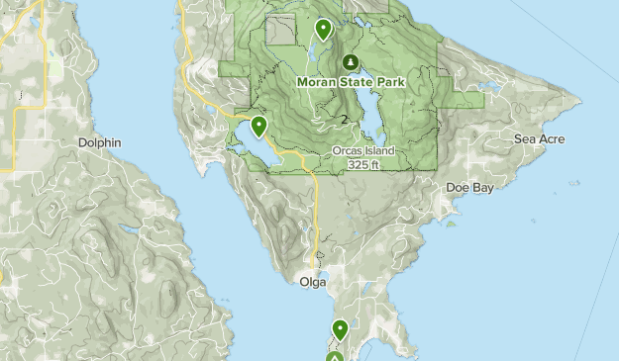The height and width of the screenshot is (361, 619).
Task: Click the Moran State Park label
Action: point(350,82)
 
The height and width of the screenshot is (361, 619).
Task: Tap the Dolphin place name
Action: point(99,142)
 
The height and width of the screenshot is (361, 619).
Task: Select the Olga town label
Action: point(313,282)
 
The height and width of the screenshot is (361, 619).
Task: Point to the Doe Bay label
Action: point(469,187)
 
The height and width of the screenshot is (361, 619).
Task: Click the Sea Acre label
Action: point(539,139)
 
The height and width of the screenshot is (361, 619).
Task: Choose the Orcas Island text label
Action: point(363,151)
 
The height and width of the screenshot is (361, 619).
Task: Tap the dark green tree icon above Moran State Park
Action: point(350,62)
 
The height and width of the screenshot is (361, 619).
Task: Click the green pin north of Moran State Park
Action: point(322,30)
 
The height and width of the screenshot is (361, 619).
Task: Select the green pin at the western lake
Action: point(258,126)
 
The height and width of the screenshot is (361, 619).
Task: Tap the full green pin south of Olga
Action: point(340,329)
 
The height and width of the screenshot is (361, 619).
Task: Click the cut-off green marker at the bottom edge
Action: point(335,356)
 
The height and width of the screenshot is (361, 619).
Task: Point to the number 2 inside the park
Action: point(344,120)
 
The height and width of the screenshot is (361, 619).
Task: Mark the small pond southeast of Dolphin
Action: point(129,228)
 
